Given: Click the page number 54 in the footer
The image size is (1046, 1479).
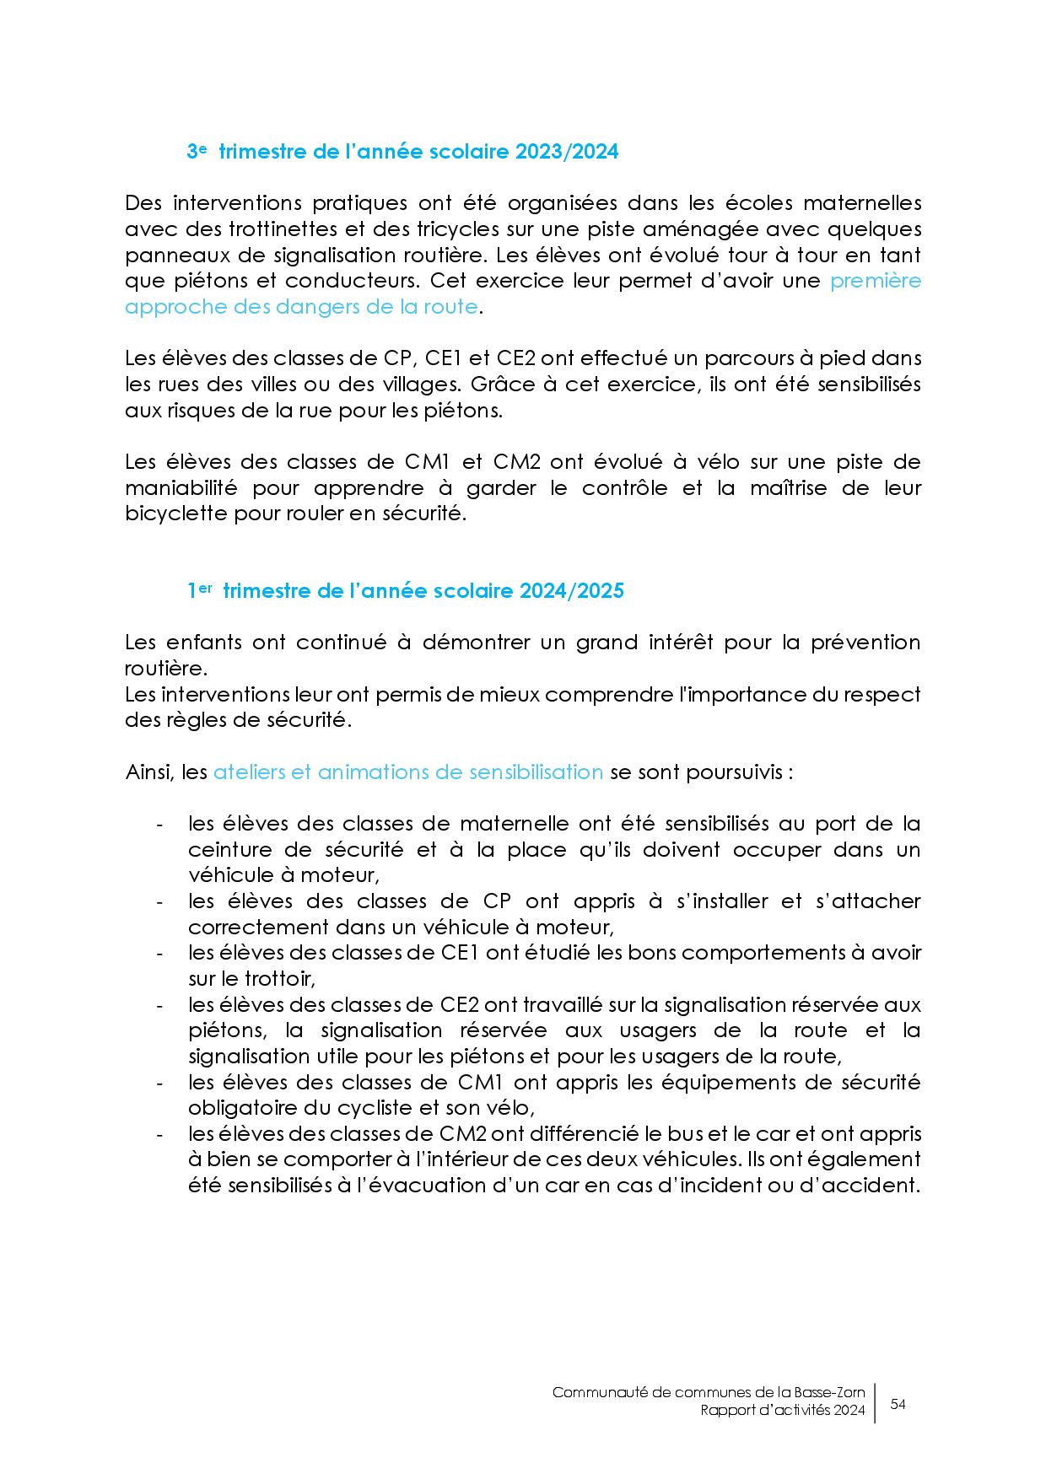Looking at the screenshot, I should pyautogui.click(x=898, y=1404).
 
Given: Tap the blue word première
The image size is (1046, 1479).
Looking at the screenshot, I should pyautogui.click(x=876, y=281).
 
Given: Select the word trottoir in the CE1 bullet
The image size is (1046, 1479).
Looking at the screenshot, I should pyautogui.click(x=267, y=979).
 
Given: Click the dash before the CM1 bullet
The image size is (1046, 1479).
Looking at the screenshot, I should pyautogui.click(x=159, y=1083).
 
